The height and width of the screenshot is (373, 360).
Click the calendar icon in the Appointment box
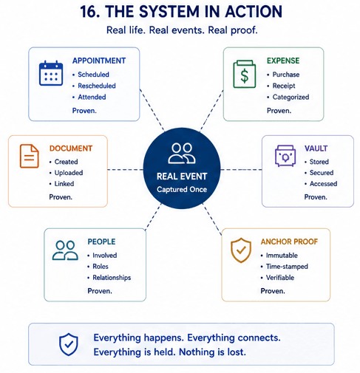(x=51, y=73)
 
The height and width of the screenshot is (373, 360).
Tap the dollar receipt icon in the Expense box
(x=244, y=74)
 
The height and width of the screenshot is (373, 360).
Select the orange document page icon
(x=30, y=156)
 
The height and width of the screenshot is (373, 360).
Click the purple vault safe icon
(x=285, y=156)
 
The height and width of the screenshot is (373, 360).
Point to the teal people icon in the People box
(x=65, y=250)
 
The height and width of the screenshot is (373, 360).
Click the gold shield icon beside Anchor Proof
(x=241, y=250)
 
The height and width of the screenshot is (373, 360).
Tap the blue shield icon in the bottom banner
(x=69, y=344)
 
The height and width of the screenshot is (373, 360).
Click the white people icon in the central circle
(x=182, y=153)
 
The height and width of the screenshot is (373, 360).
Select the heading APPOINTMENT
(x=99, y=61)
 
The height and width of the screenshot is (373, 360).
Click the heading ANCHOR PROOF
(x=289, y=242)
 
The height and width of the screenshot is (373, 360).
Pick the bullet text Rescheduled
(x=97, y=86)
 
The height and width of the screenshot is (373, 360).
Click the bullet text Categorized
(x=291, y=97)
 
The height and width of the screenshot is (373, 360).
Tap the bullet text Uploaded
(x=69, y=173)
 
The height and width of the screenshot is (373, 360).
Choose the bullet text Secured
(x=322, y=173)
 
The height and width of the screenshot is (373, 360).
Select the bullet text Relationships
(x=112, y=278)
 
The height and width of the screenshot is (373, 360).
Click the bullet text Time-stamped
(x=287, y=267)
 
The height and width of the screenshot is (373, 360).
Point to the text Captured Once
(x=182, y=189)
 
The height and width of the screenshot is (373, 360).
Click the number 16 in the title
(x=90, y=12)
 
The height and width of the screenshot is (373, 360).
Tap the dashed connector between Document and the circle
(x=125, y=169)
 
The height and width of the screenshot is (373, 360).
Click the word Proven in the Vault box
(x=316, y=197)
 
